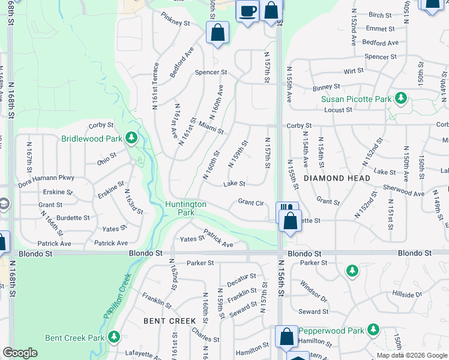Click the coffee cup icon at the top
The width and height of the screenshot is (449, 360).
coord(248,10)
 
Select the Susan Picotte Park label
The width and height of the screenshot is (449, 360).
coord(356,99)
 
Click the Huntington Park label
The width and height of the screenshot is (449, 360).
coord(185,208)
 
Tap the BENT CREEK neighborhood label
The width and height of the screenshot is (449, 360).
coord(170,321)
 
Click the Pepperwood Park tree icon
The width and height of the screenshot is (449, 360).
coord(373,330)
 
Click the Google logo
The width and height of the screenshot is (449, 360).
coord(20,352)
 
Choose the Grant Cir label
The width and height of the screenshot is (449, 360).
coord(251,203)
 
